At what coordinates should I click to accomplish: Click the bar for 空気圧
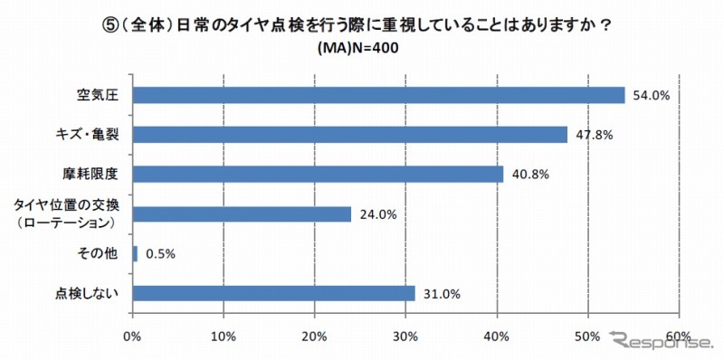(x=379, y=95)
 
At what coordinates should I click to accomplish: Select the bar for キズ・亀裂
(x=350, y=135)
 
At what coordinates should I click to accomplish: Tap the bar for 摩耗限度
(x=319, y=174)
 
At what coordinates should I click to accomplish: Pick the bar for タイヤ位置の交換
(x=243, y=213)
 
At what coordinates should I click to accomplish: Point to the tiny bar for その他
(x=136, y=253)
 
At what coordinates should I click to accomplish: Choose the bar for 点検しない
(x=274, y=293)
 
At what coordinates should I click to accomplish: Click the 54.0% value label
(x=652, y=95)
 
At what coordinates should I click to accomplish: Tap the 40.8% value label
(x=529, y=174)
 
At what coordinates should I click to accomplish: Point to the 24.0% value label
(x=377, y=214)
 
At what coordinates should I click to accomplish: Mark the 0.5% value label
(x=159, y=254)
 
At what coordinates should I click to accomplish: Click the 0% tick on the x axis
(x=133, y=336)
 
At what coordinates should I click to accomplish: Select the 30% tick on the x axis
(x=406, y=336)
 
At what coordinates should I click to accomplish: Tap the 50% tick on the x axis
(x=588, y=336)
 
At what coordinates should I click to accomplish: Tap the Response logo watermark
(x=657, y=342)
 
